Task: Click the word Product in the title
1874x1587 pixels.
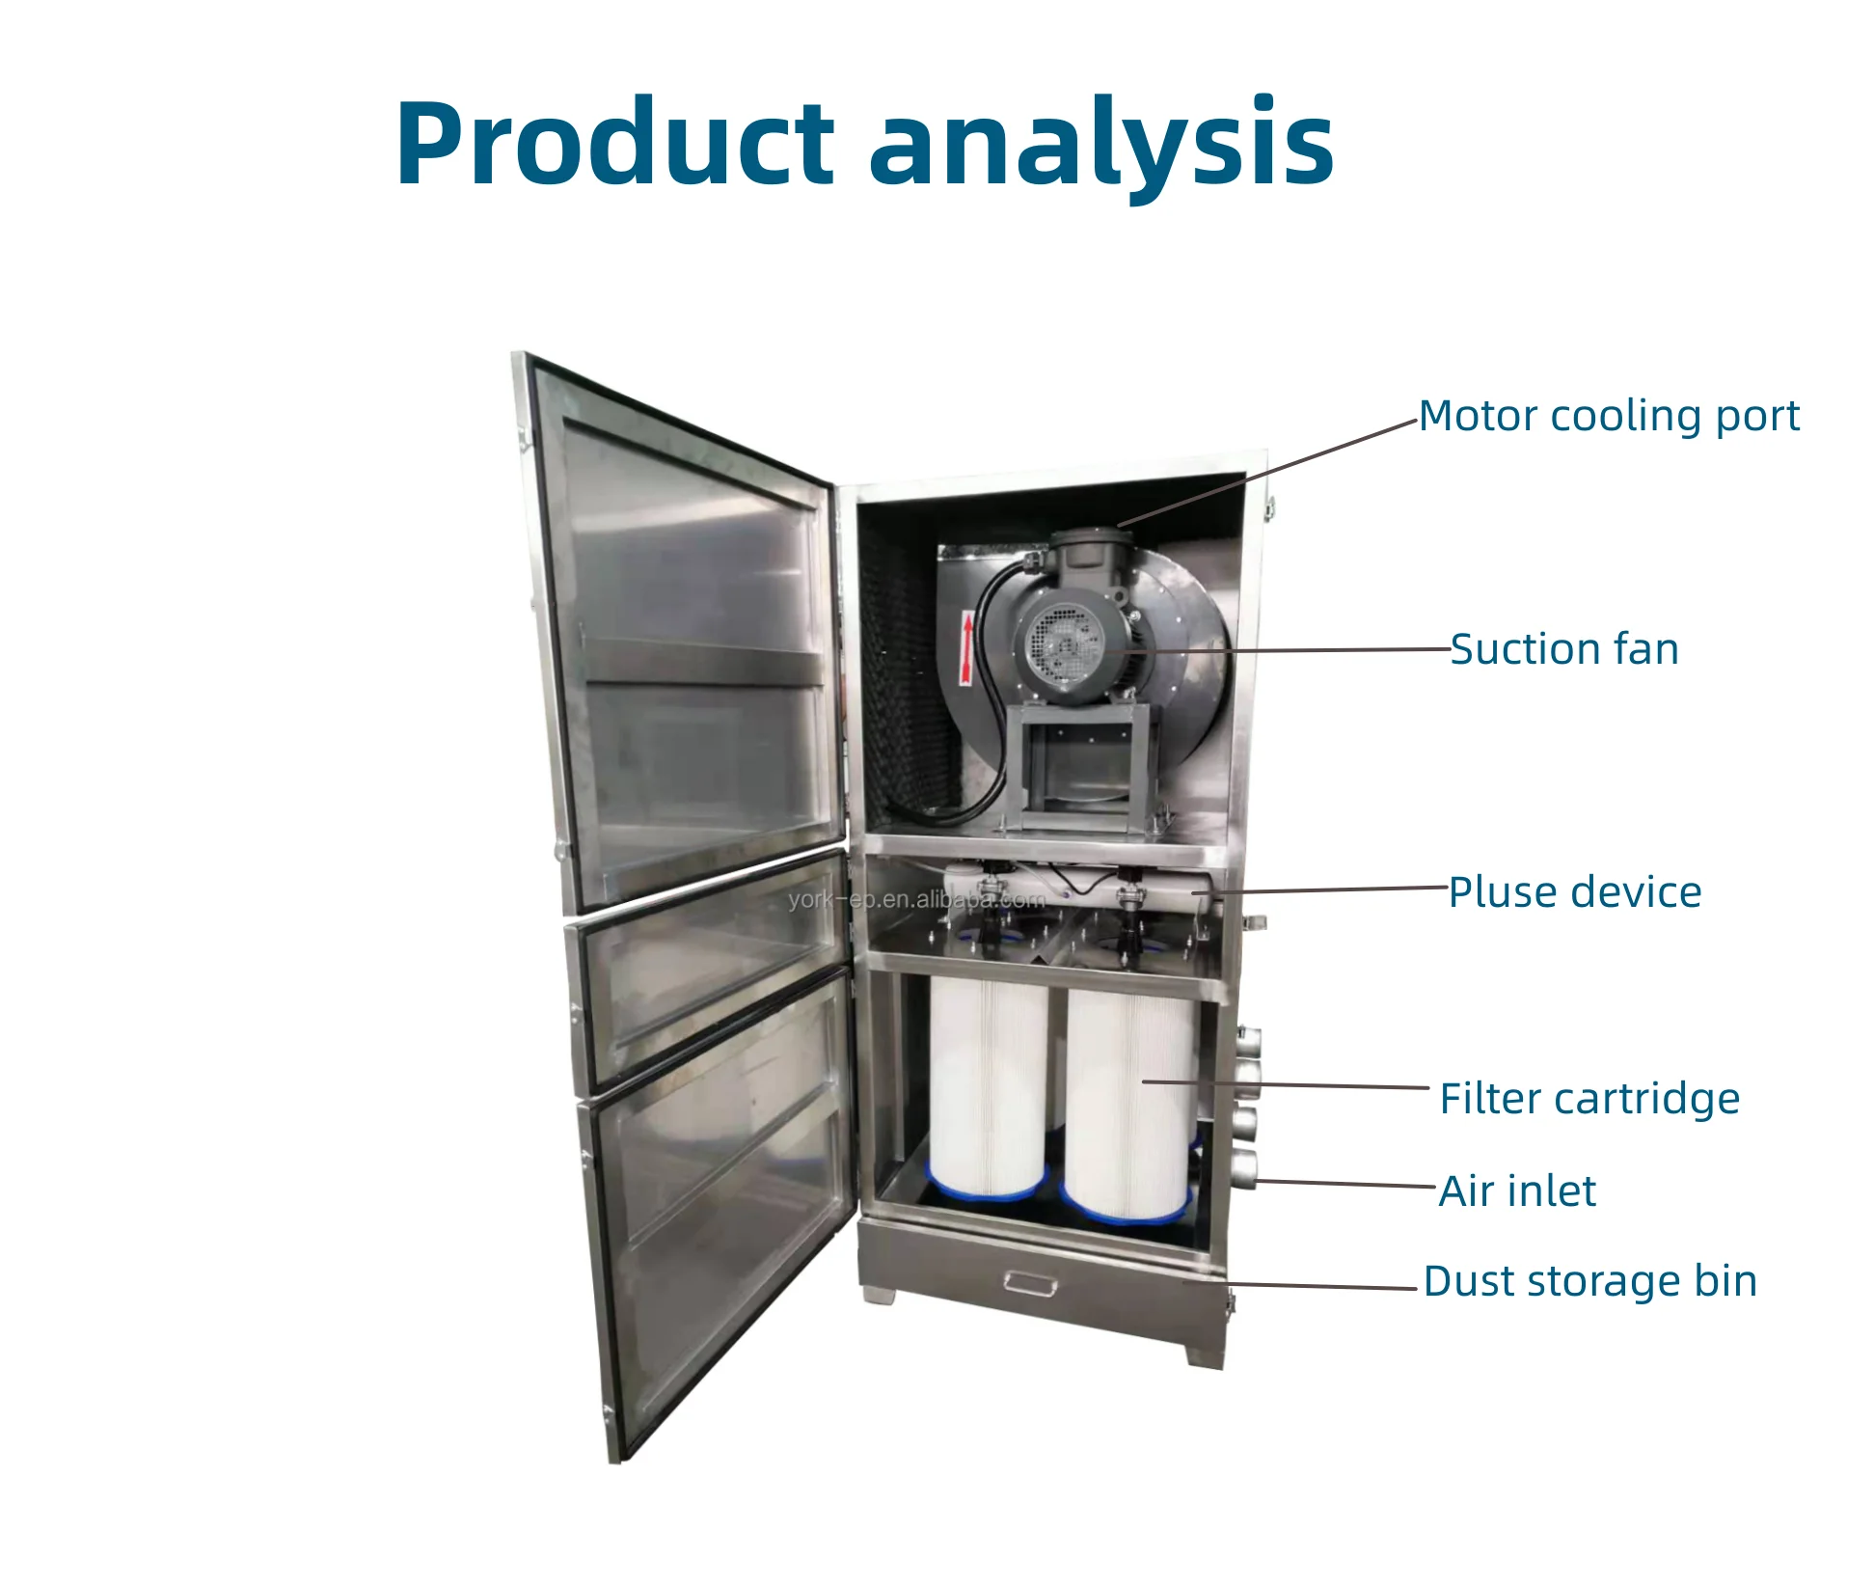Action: (x=613, y=143)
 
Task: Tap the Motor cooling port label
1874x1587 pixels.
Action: (x=1608, y=417)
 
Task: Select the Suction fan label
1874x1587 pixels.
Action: (x=1563, y=649)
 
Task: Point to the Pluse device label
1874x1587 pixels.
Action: (x=1574, y=892)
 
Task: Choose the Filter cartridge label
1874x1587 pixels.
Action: (x=1589, y=1099)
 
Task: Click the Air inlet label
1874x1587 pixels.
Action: (x=1516, y=1191)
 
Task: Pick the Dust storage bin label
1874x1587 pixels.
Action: (x=1589, y=1282)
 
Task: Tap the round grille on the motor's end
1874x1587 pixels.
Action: (x=1062, y=643)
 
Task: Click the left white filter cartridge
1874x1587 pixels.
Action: (x=987, y=1085)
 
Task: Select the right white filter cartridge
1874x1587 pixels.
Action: (x=1128, y=1105)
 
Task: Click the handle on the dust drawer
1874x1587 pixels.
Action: (x=1030, y=1282)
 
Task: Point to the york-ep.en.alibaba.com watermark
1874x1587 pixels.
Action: (x=915, y=900)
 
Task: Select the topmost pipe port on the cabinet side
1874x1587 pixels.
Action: (x=1247, y=1042)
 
